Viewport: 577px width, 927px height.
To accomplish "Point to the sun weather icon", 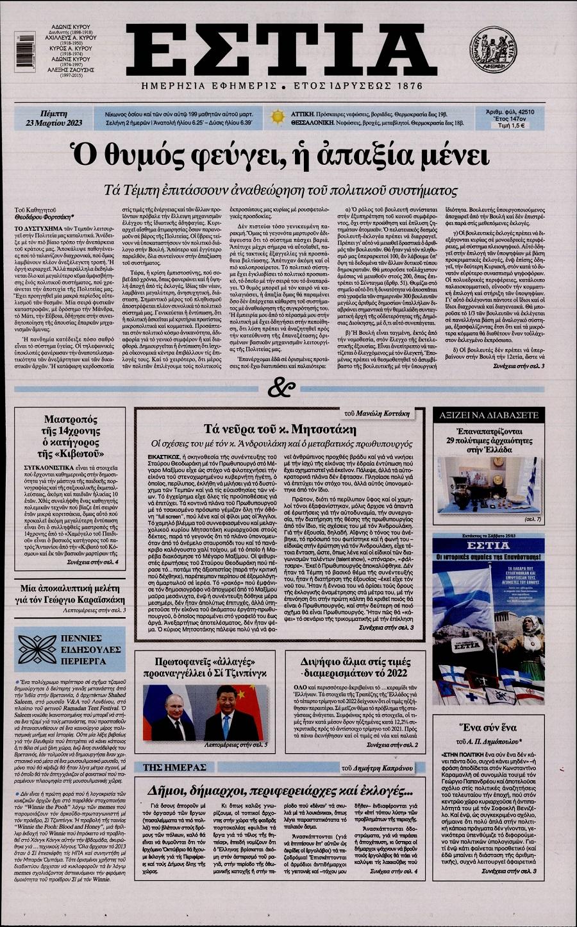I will pyautogui.click(x=278, y=117).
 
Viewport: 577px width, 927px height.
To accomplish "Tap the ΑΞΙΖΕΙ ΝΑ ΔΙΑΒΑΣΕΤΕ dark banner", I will pyautogui.click(x=488, y=415).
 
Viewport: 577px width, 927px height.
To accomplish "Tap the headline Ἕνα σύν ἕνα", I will pyautogui.click(x=489, y=728).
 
